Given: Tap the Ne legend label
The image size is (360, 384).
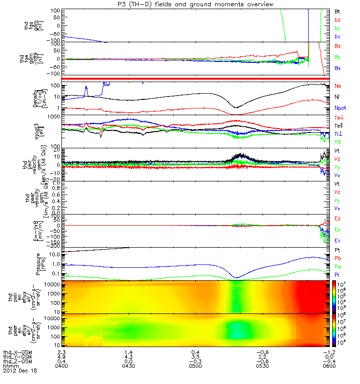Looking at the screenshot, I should (337, 85).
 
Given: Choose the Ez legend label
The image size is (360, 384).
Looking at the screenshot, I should (337, 218).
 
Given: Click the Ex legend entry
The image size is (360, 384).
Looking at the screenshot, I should (337, 240).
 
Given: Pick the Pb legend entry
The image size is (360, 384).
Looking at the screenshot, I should (337, 259).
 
